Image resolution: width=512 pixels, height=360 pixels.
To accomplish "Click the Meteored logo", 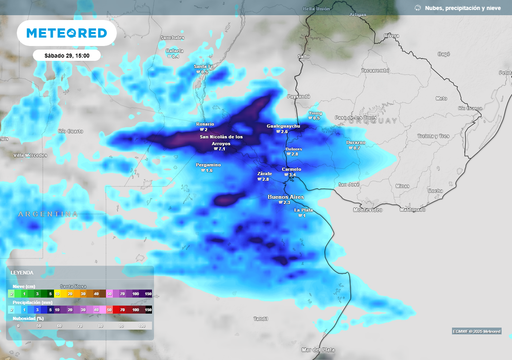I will [x=66, y=34].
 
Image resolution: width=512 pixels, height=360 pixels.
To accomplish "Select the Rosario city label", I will [x=204, y=124].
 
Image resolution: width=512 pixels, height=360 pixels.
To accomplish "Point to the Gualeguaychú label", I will [x=283, y=126].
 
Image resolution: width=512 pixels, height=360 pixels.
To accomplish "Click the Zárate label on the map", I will [x=265, y=173].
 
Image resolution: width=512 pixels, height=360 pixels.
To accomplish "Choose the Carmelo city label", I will [x=292, y=169].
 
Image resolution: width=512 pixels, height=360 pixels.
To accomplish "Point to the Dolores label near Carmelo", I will [x=293, y=149].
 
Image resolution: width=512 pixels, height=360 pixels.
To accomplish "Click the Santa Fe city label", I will [x=204, y=67].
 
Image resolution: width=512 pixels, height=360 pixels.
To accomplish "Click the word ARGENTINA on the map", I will [x=46, y=214].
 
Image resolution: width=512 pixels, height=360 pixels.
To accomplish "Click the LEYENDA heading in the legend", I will [x=22, y=272].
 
